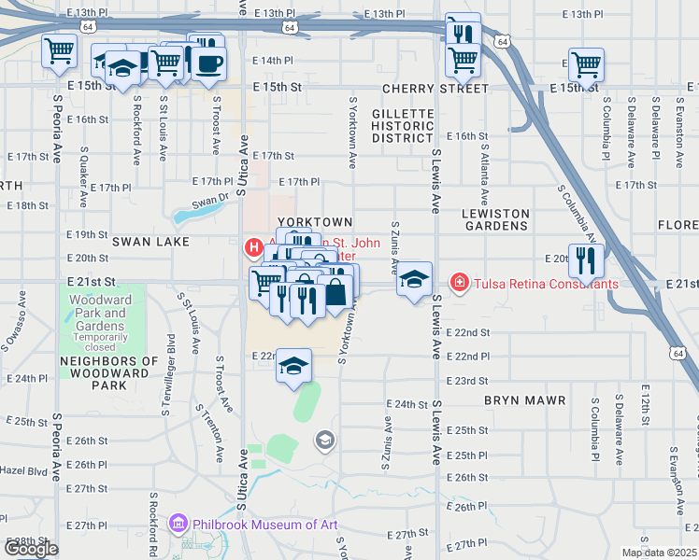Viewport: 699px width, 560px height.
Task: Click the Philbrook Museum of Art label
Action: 264,524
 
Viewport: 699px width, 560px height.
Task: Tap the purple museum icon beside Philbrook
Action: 178,524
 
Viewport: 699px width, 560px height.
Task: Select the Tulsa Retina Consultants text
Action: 546,284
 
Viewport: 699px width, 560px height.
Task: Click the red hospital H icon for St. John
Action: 251,247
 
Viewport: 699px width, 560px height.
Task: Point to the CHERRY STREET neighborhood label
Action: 435,89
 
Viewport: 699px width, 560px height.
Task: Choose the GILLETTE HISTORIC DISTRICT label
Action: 403,125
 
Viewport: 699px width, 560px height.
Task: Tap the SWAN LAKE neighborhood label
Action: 150,241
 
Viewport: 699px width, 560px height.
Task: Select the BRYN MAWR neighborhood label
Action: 524,400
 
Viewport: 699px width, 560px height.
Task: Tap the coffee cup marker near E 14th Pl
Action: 209,63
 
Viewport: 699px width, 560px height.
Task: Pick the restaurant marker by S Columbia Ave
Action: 586,259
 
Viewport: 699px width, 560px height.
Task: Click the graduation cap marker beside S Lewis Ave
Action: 414,279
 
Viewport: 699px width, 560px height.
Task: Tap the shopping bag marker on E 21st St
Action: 335,291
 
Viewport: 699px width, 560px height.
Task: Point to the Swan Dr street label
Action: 210,198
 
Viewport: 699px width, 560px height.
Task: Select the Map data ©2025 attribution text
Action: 659,553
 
